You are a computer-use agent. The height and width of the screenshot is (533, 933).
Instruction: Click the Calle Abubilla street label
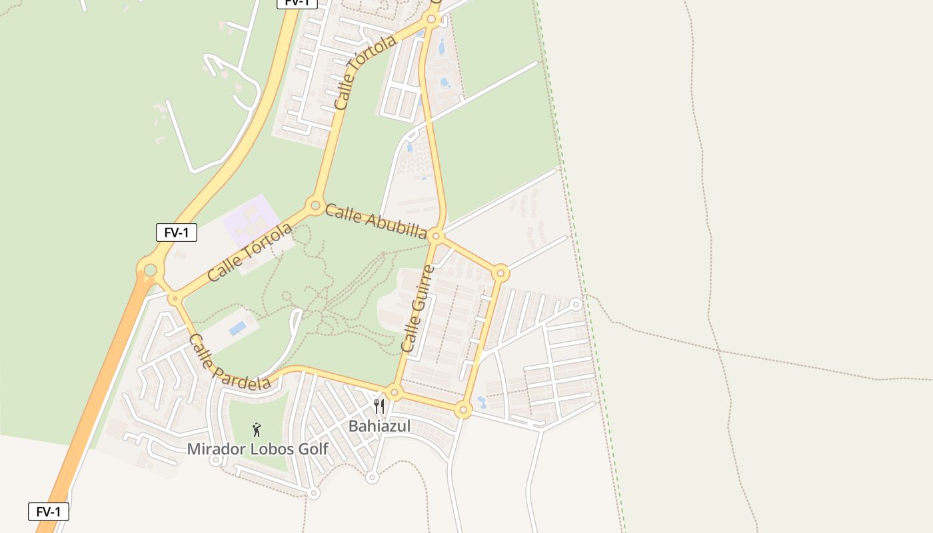(x=375, y=221)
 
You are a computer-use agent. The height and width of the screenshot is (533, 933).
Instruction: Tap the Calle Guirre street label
(x=418, y=309)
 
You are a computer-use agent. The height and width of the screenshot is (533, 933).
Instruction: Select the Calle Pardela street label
(x=229, y=362)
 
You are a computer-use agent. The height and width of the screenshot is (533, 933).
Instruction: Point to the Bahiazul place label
(x=379, y=426)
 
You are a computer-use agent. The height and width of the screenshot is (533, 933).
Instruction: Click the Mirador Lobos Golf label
(x=257, y=449)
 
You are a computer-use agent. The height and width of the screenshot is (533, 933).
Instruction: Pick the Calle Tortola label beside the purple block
(x=250, y=252)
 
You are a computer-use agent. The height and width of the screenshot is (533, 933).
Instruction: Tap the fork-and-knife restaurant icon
(x=379, y=406)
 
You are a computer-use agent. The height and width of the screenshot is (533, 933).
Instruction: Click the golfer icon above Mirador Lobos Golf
(x=257, y=430)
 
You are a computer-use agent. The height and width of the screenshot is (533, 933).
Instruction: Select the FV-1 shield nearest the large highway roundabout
(x=177, y=233)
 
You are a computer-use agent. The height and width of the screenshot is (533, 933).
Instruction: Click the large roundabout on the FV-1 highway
(x=151, y=270)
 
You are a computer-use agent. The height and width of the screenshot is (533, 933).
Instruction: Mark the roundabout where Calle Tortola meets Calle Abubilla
(x=315, y=205)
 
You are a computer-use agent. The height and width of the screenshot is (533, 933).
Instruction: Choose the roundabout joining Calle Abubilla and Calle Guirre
(x=436, y=236)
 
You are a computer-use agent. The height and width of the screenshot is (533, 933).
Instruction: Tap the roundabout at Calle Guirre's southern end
(x=395, y=392)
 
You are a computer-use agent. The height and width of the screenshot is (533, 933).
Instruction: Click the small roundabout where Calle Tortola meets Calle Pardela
(x=175, y=298)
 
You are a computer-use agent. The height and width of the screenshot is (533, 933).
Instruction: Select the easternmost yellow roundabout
(x=501, y=272)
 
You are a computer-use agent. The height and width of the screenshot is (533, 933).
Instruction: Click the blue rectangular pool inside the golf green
(x=237, y=328)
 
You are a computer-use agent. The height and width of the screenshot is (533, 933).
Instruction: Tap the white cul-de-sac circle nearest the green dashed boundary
(x=576, y=304)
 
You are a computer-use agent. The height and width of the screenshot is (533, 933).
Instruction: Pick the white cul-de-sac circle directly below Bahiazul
(x=373, y=477)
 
